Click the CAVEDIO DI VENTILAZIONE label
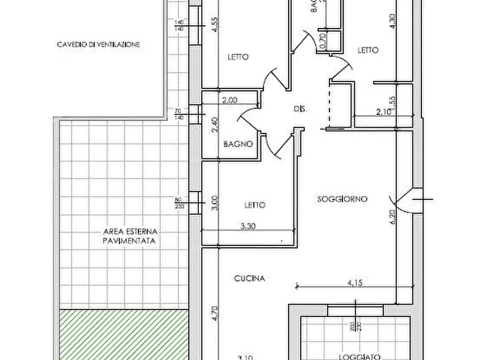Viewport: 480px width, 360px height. pyautogui.click(x=98, y=45)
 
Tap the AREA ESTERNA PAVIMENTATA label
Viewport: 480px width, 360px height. pyautogui.click(x=130, y=237)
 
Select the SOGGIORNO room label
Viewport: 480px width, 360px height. pyautogui.click(x=342, y=199)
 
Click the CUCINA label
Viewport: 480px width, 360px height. pyautogui.click(x=249, y=278)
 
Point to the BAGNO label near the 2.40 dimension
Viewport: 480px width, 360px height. pyautogui.click(x=238, y=144)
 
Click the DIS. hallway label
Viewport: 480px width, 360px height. pyautogui.click(x=300, y=109)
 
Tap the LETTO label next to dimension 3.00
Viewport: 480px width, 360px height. pyautogui.click(x=255, y=205)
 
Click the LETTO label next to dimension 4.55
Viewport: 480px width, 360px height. pyautogui.click(x=238, y=57)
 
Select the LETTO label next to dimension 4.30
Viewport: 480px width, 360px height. pyautogui.click(x=368, y=50)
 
